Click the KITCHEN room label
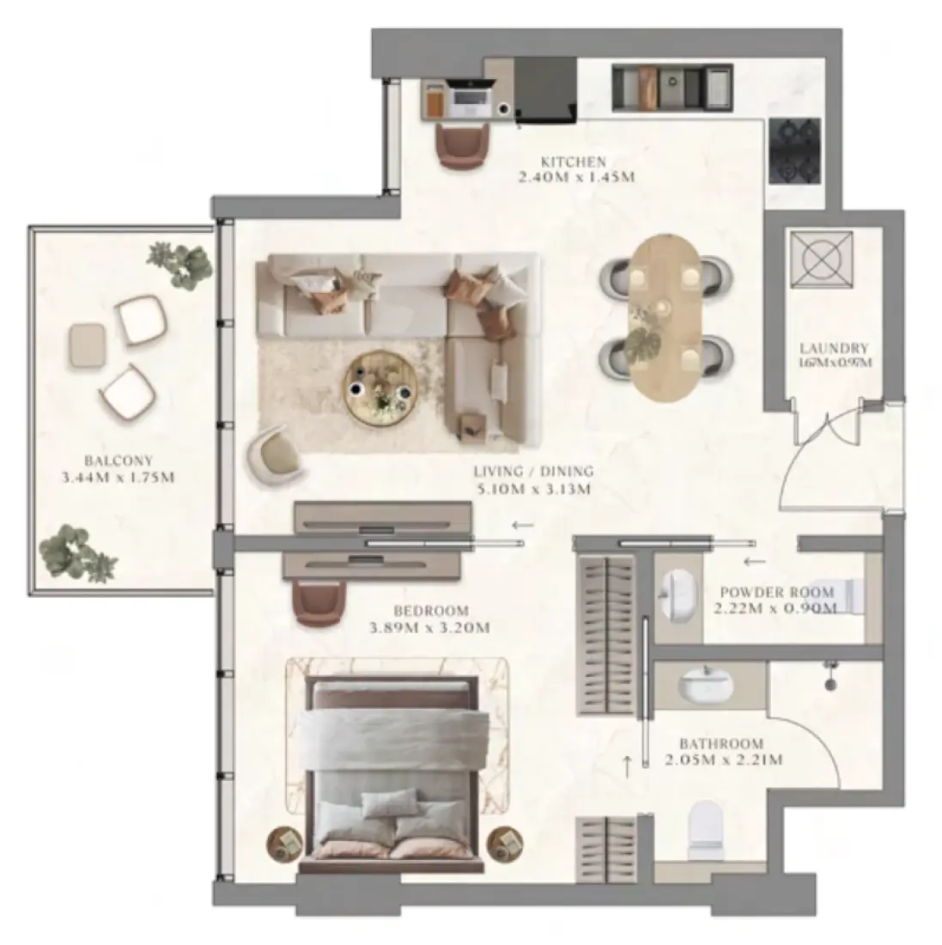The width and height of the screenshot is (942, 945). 573,162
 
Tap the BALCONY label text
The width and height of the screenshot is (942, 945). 119,461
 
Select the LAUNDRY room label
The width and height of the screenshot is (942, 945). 834,348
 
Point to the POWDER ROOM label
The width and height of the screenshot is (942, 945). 777,593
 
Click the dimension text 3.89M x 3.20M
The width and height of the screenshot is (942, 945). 429,627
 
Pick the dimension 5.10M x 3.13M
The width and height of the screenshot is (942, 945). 533,489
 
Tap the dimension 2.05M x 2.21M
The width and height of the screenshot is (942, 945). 724,759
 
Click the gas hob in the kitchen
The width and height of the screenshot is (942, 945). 795,151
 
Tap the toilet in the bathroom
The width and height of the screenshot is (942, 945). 706,829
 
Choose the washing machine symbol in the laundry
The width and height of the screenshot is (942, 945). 822,259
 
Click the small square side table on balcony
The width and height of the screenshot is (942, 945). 88,345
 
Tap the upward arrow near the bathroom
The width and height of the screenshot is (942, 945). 627,766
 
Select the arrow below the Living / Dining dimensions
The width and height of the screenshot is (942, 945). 522,525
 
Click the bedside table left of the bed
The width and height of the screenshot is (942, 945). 285,841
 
